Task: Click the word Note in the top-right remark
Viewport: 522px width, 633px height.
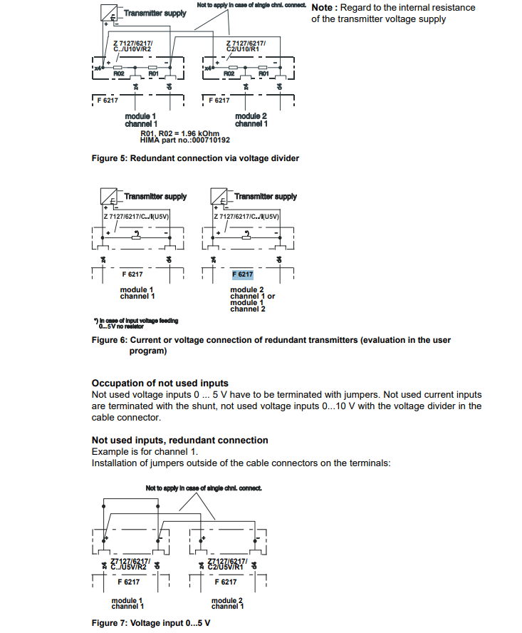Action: [324, 7]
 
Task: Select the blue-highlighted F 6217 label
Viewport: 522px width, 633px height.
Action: [242, 274]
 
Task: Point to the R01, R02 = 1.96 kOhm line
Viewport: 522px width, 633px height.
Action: [180, 133]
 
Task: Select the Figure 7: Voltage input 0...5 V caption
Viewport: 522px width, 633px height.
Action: [151, 623]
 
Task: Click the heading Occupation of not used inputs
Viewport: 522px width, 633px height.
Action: [160, 384]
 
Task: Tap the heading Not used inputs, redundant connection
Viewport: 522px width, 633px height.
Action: [180, 441]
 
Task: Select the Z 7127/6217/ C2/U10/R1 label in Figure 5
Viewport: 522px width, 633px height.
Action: [246, 46]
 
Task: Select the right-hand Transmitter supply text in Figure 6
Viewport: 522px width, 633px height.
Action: [265, 197]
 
